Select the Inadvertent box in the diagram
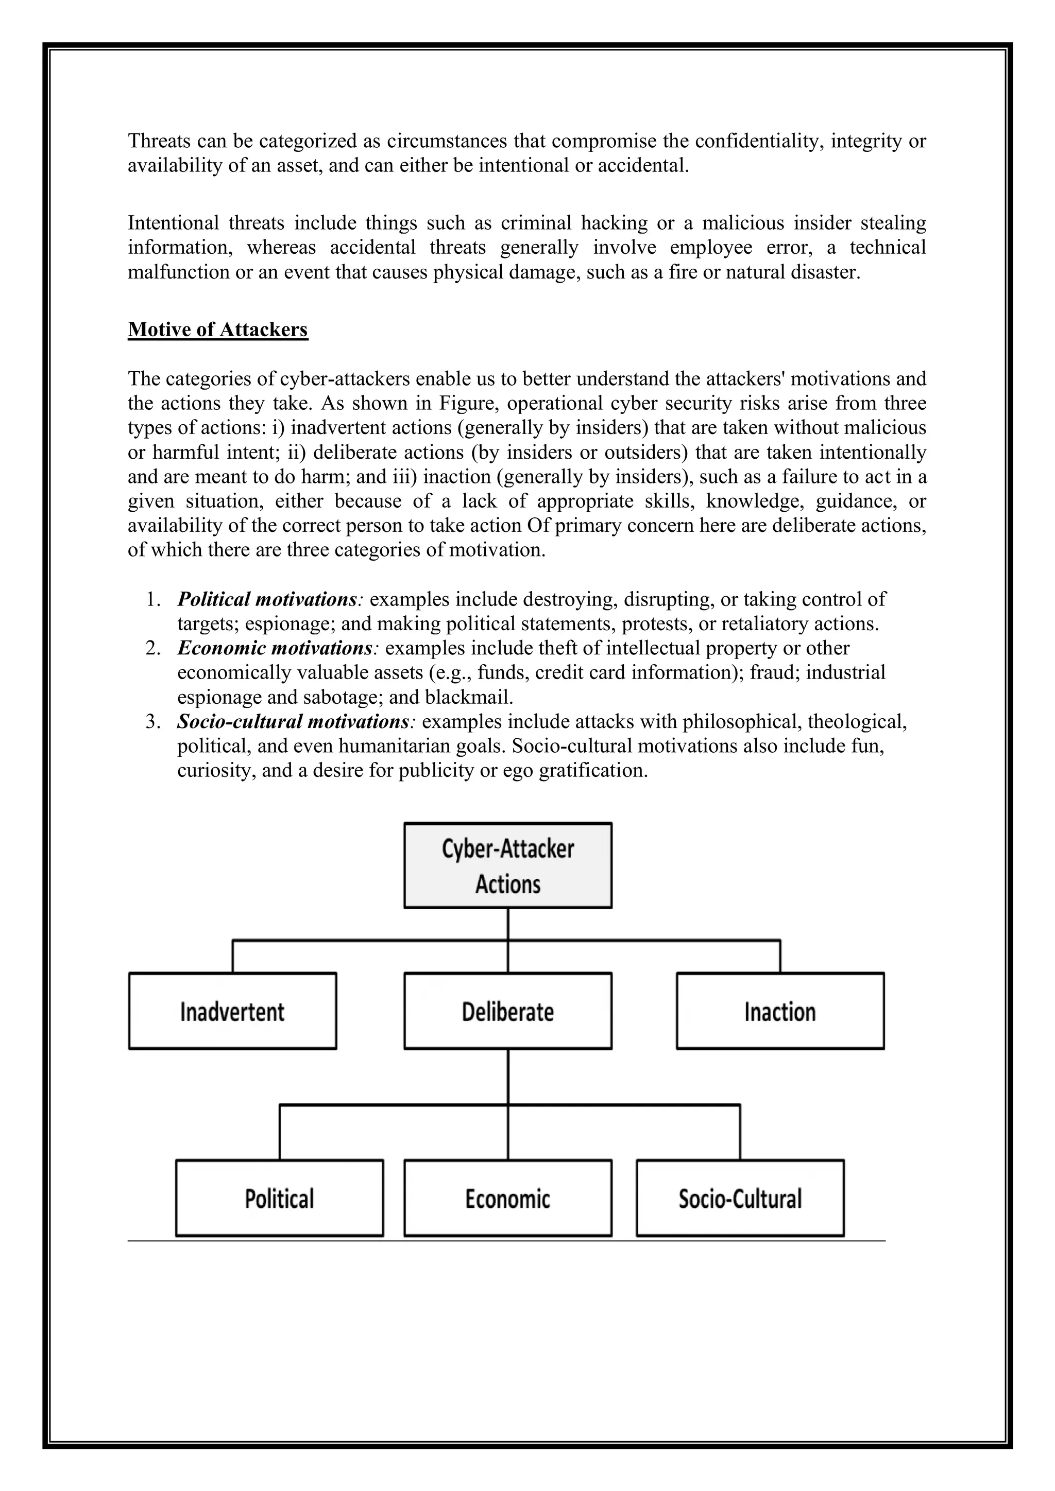[x=232, y=1011]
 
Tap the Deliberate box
[x=507, y=1011]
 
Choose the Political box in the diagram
[x=279, y=1198]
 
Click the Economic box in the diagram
[x=507, y=1198]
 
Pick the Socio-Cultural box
[x=740, y=1198]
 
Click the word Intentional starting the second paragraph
[x=174, y=223]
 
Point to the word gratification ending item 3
[x=592, y=770]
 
